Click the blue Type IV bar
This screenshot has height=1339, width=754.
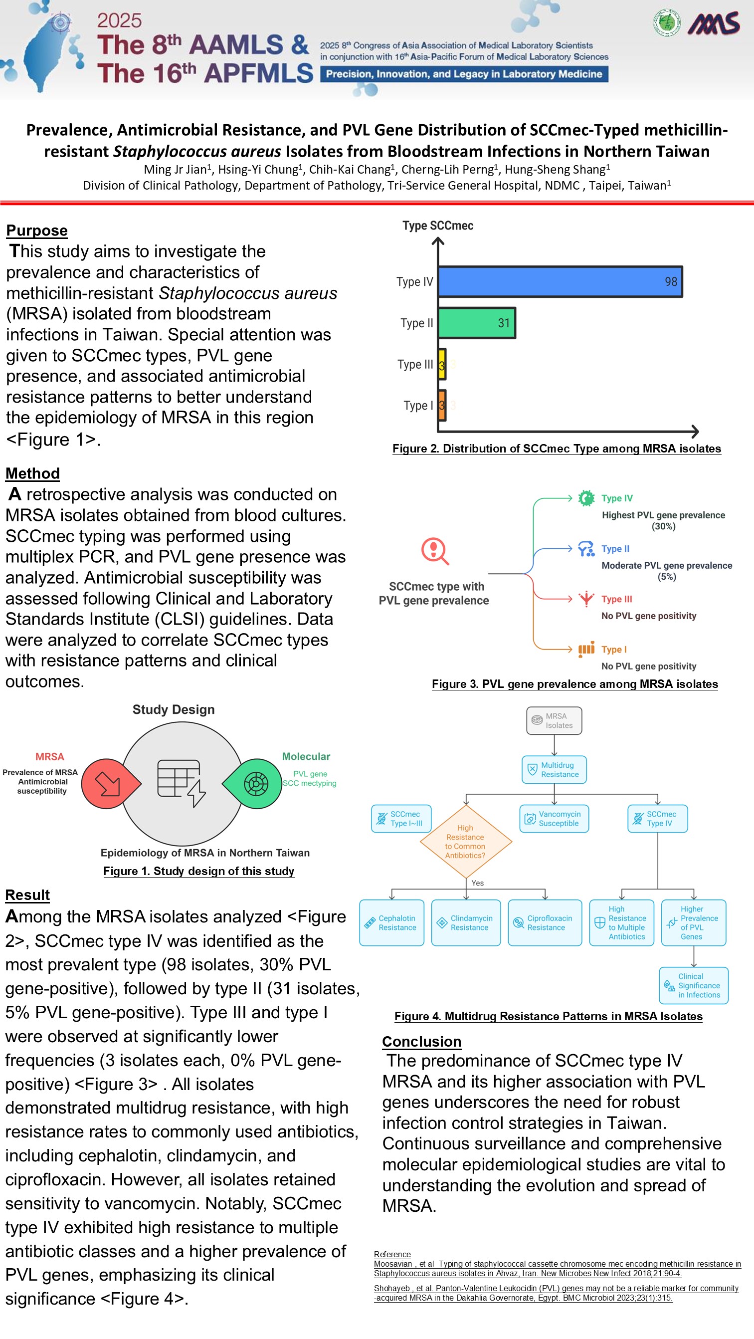click(x=560, y=281)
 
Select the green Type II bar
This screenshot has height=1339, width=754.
click(x=477, y=323)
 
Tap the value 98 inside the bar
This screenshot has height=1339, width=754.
click(x=671, y=281)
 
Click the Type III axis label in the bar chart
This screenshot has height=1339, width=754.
click(x=415, y=364)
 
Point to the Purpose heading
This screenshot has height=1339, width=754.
click(x=37, y=230)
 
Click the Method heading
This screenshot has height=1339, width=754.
click(x=33, y=473)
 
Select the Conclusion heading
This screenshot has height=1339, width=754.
click(x=421, y=1041)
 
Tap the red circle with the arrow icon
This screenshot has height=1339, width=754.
click(x=110, y=783)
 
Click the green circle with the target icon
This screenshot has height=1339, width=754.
click(x=254, y=783)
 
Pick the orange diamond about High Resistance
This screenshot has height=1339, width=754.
click(x=466, y=841)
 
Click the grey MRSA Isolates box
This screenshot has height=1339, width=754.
click(x=554, y=720)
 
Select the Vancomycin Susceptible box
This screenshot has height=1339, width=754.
click(x=554, y=819)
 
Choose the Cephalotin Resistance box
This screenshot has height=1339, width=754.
click(x=392, y=922)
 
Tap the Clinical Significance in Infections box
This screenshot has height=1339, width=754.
click(x=694, y=985)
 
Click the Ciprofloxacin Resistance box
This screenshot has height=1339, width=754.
click(x=545, y=922)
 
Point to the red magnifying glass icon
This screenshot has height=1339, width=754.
click(x=435, y=551)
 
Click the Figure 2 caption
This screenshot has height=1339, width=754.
click(x=557, y=448)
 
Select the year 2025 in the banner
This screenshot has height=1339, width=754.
click(x=119, y=20)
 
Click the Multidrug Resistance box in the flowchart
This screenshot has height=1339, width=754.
click(x=554, y=769)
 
